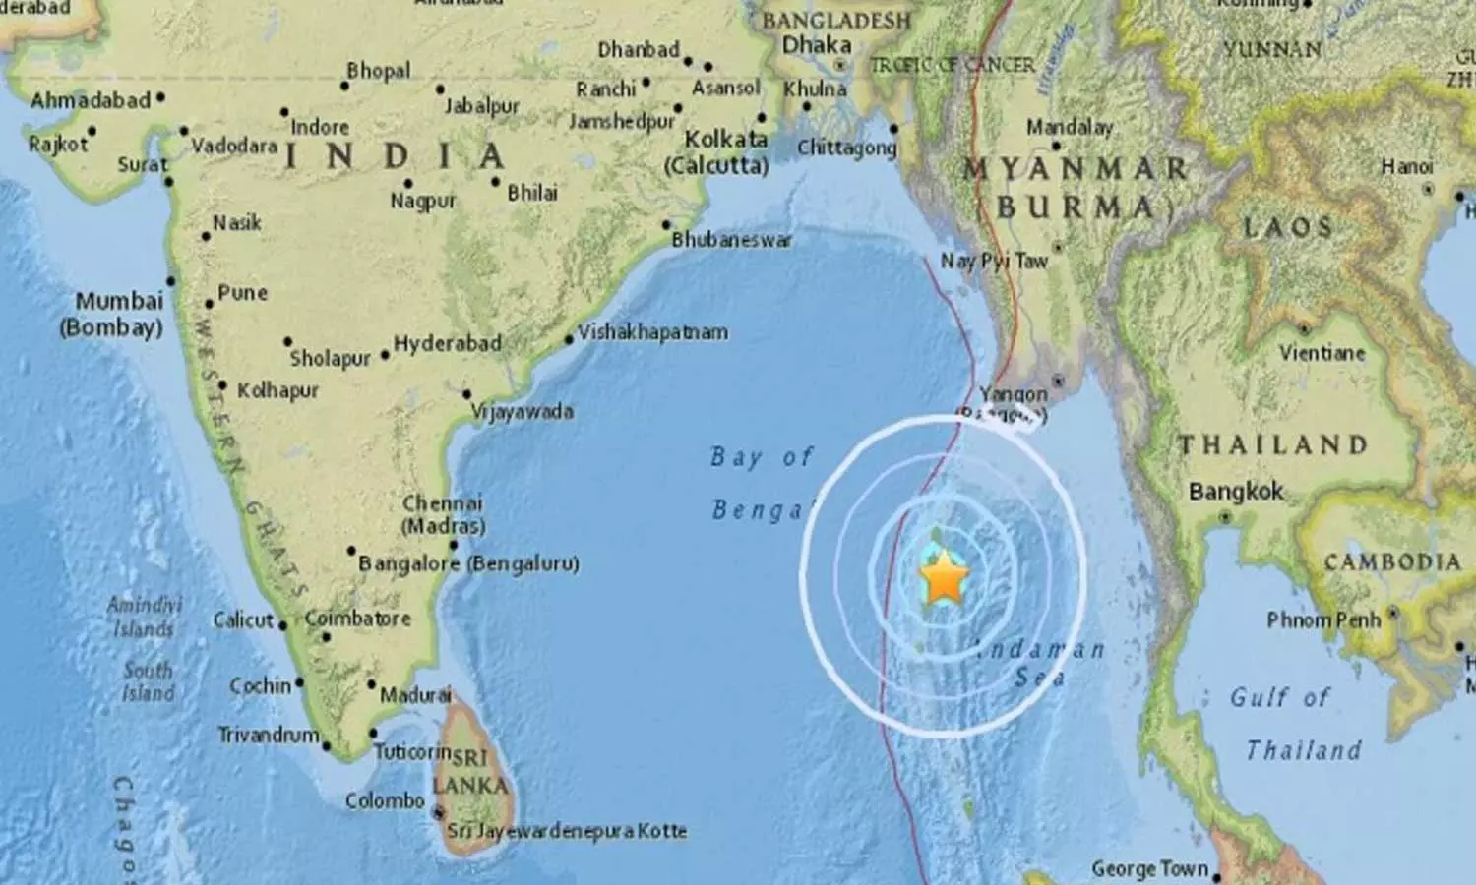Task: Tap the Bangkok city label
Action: (x=1236, y=492)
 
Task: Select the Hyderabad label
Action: (x=448, y=344)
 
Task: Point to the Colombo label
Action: (x=385, y=800)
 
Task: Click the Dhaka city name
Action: (x=817, y=45)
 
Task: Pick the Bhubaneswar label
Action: (x=732, y=240)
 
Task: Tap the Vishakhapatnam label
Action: (x=653, y=332)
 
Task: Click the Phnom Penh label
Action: (x=1323, y=620)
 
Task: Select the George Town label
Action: (x=1149, y=869)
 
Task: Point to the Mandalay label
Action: (x=1070, y=127)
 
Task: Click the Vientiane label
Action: (x=1322, y=352)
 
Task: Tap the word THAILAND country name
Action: (x=1273, y=445)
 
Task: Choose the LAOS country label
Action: (x=1288, y=228)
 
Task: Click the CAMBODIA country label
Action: (x=1392, y=562)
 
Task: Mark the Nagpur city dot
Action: (x=408, y=184)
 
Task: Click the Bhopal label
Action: (x=379, y=71)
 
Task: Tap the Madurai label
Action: (x=415, y=695)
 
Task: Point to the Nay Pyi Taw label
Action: (x=995, y=261)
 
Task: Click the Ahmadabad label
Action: (x=91, y=100)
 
